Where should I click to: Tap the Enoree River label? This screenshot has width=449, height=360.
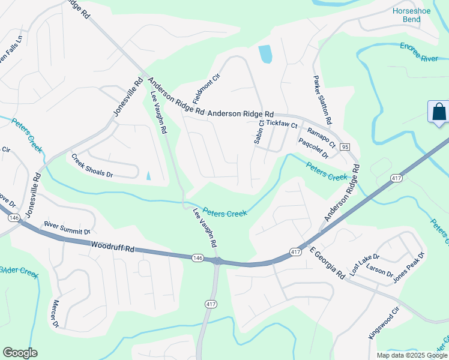(x=420, y=52)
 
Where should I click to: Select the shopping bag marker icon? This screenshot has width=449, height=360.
(x=439, y=112)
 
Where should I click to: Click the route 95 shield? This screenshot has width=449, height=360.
(x=345, y=146)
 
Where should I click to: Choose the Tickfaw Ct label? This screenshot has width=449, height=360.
(x=282, y=124)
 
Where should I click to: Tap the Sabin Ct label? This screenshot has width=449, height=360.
(x=260, y=132)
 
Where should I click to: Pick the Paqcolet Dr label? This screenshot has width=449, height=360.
(x=313, y=148)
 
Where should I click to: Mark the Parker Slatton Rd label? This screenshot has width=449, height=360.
(x=322, y=101)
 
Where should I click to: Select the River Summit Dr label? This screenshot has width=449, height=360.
(x=67, y=227)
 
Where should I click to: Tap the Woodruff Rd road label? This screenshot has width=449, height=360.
(x=115, y=247)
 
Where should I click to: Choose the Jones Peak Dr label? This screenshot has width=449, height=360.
(x=412, y=264)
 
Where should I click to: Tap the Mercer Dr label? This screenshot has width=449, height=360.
(x=55, y=313)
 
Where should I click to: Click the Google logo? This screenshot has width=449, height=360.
(x=20, y=353)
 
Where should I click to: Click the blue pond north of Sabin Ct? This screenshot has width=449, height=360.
(x=265, y=54)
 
